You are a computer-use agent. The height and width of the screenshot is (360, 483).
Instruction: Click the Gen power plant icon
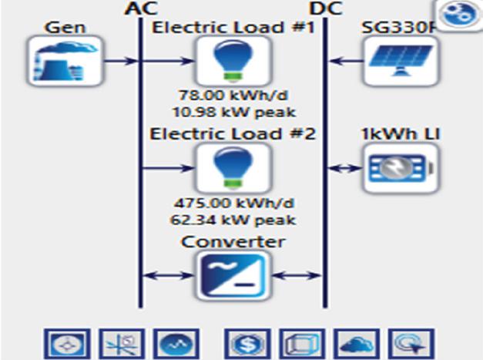pos(65,61)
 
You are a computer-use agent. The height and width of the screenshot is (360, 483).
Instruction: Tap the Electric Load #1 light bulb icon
pos(233,61)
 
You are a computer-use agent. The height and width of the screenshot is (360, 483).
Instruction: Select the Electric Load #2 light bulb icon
pos(233,168)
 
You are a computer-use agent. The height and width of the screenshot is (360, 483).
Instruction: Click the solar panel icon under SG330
pos(401,61)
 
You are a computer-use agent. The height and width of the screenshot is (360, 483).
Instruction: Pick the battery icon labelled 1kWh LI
pos(401,168)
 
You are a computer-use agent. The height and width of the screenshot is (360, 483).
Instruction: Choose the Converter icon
pos(233,275)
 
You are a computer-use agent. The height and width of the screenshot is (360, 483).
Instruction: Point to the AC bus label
pos(141,8)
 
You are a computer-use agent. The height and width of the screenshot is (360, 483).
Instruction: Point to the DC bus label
pos(326,8)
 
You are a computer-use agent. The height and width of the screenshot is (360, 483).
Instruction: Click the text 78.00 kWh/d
pos(233,95)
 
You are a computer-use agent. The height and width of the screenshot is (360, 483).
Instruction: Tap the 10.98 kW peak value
pos(234,112)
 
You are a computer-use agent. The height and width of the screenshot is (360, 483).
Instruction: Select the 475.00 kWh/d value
pos(234,203)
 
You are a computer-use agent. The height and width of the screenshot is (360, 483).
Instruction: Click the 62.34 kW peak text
pos(233,220)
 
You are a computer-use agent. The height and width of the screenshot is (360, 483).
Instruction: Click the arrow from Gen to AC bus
pos(120,61)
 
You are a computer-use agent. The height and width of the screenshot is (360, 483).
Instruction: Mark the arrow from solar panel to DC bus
pos(346,61)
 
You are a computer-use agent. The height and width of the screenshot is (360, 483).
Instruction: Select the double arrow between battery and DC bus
pos(345,168)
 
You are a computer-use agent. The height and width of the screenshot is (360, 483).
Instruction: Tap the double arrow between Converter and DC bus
pos(297,275)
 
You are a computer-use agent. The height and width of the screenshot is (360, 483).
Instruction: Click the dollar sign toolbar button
pos(248,344)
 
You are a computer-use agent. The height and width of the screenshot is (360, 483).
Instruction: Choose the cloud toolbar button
pos(357,344)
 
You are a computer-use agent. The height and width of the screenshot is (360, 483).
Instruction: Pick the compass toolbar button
pos(67,344)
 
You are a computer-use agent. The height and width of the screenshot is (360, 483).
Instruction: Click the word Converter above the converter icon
pos(233,242)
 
